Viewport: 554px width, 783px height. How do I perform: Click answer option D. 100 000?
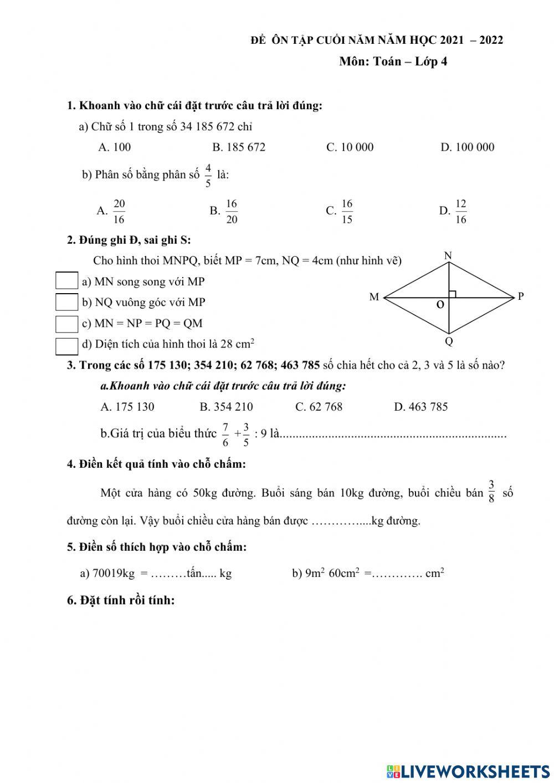(x=467, y=147)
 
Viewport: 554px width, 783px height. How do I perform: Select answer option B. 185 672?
(x=239, y=147)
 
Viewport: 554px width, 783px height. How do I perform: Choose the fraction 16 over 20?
(x=231, y=211)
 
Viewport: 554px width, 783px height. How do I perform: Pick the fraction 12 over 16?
(x=460, y=211)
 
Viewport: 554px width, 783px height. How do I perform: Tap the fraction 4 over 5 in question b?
(x=208, y=175)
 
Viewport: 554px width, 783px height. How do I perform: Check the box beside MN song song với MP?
(x=66, y=281)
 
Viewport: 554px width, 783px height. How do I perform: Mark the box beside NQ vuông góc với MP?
(x=66, y=302)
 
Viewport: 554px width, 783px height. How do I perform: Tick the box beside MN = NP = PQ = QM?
(x=66, y=324)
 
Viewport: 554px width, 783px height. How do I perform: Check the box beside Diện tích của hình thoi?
(x=66, y=346)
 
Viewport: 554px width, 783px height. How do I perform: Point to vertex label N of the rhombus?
(x=448, y=256)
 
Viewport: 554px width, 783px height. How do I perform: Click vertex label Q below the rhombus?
(x=449, y=341)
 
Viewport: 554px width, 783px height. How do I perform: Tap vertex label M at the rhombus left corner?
(x=374, y=298)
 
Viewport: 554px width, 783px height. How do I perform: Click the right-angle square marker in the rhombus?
(x=452, y=294)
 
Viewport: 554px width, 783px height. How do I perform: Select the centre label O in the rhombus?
(x=440, y=305)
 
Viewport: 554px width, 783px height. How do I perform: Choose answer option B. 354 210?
(x=226, y=407)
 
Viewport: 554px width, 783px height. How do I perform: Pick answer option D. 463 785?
(x=420, y=407)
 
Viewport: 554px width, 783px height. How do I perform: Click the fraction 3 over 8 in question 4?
(x=491, y=491)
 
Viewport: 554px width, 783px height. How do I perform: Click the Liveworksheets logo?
(x=468, y=771)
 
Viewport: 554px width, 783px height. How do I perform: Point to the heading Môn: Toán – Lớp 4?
(x=393, y=62)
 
